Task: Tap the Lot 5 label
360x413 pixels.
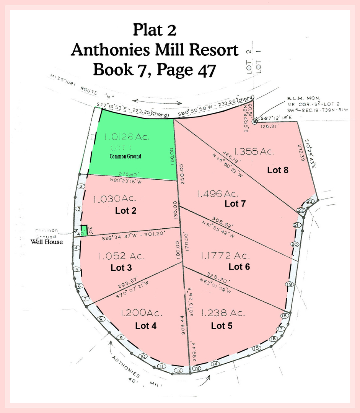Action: point(222,326)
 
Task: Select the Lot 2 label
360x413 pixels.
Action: point(126,210)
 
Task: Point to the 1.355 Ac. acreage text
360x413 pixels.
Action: point(254,151)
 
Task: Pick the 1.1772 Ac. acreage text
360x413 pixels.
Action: point(224,255)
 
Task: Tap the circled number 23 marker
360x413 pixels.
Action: point(310,201)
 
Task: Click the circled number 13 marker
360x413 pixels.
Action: point(196,368)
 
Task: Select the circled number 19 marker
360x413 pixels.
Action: point(290,284)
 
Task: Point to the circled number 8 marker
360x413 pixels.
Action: point(101,320)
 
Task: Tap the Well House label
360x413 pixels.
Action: point(47,242)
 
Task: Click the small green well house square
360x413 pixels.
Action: point(84,228)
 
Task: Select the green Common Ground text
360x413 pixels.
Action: point(125,156)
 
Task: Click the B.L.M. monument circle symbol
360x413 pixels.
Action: point(255,122)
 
